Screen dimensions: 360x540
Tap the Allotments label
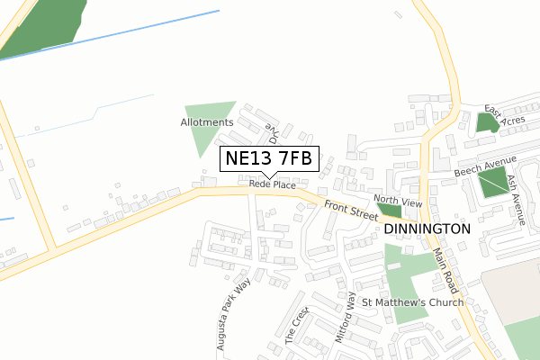206,122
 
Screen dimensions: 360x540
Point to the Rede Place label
273,184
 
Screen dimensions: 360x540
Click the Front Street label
351,211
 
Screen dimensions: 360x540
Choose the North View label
397,201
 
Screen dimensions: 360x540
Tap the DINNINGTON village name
427,229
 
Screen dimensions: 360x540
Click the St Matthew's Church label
412,302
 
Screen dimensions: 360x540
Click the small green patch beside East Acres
487,122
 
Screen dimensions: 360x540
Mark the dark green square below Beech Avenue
492,184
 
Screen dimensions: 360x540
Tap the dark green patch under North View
390,211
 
